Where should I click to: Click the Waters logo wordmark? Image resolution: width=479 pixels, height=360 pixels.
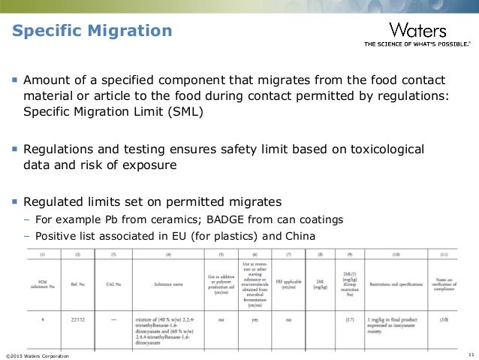pyautogui.click(x=417, y=31)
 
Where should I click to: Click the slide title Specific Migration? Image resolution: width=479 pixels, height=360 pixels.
pyautogui.click(x=91, y=32)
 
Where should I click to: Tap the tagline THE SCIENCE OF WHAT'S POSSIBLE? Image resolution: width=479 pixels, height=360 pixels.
pyautogui.click(x=418, y=45)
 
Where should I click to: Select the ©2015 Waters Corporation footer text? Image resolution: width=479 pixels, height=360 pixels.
pyautogui.click(x=37, y=355)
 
